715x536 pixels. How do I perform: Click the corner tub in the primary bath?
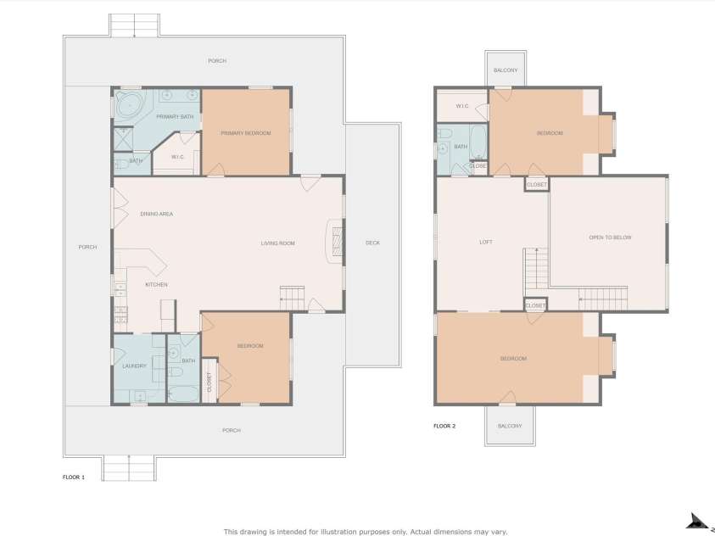131,106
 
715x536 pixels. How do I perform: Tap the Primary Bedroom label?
245,133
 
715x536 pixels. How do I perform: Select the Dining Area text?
157,214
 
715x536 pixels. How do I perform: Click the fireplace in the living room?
336,240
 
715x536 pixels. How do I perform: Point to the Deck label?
372,243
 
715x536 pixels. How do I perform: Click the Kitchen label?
156,284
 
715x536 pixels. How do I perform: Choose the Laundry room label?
135,366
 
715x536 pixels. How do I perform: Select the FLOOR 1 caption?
74,477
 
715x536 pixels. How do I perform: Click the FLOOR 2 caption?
444,426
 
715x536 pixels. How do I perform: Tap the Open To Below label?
610,237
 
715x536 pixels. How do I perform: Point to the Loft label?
485,243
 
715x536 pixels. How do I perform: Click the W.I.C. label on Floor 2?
462,106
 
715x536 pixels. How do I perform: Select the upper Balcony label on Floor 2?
506,70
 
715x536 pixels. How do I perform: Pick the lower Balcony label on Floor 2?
509,426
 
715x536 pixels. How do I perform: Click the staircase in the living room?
292,298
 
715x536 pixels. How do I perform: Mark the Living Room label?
277,243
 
